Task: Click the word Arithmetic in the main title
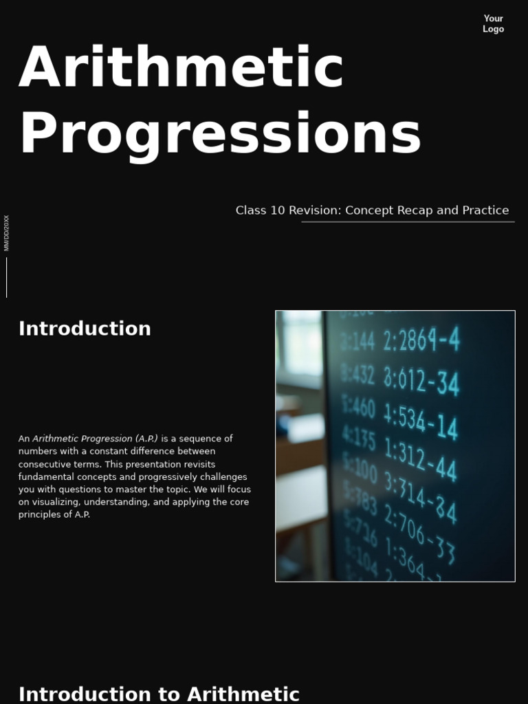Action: [181, 67]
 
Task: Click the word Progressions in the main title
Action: [220, 133]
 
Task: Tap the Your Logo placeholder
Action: [493, 24]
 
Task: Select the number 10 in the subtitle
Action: [277, 210]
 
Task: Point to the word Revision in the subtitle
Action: [313, 210]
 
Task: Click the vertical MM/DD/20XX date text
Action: [7, 233]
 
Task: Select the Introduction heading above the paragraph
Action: [85, 329]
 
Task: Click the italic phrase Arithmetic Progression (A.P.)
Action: [95, 439]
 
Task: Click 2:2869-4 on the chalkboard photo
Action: [421, 340]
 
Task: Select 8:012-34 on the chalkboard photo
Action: [421, 379]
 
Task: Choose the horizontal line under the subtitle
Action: [408, 222]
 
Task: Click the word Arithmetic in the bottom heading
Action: [243, 694]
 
